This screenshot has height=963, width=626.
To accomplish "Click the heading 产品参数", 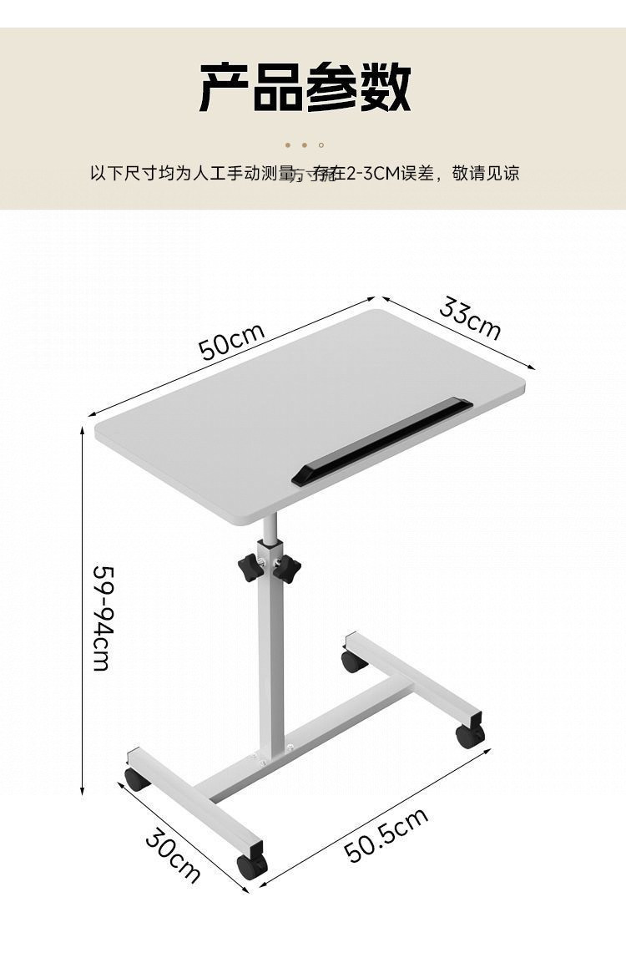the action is [x=305, y=87].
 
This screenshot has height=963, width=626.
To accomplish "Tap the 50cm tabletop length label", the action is [x=232, y=340].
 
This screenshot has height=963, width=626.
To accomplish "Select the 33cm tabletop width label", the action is [x=470, y=318].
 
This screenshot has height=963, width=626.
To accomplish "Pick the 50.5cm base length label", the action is [x=386, y=835].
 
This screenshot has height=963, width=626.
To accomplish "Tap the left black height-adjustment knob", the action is [x=249, y=570].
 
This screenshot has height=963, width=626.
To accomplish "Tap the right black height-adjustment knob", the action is [x=286, y=570].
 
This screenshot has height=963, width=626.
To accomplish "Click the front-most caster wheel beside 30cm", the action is [x=251, y=866].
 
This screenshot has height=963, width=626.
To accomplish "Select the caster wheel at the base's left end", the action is [x=137, y=779].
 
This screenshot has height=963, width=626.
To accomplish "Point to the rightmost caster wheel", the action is [x=469, y=735].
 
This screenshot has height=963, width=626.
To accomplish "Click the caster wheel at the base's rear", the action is [x=354, y=661].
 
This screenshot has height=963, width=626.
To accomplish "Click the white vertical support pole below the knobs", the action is [x=270, y=668].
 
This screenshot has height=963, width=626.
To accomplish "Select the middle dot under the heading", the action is [x=305, y=145].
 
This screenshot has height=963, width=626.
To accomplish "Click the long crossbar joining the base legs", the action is [x=309, y=743].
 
